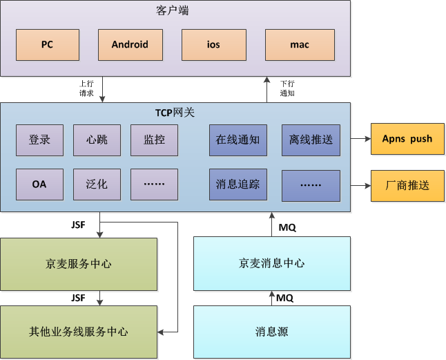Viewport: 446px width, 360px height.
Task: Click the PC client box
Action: coord(47,45)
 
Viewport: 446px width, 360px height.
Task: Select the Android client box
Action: coord(130,45)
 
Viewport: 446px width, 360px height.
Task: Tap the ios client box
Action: coord(213,45)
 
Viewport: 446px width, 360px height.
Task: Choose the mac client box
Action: coord(299,45)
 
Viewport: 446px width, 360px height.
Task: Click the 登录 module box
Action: coord(39,140)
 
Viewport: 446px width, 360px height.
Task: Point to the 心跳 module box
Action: coord(97,140)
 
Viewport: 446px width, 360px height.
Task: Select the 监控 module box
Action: coord(154,140)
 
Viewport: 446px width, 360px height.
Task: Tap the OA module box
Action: coord(39,184)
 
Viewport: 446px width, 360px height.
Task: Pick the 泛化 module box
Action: coord(97,184)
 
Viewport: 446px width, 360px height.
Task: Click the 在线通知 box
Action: coord(237,140)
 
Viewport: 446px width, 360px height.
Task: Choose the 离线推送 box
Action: coord(311,140)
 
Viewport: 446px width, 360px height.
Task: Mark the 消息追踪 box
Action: coord(237,184)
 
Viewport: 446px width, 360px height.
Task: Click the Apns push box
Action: coord(407,139)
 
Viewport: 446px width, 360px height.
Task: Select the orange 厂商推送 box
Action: coord(407,185)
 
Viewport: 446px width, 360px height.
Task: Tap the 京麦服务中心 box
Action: coord(78,264)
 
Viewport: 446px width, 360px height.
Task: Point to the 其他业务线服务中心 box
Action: coord(78,332)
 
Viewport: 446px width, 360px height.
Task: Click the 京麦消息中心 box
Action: coord(271,263)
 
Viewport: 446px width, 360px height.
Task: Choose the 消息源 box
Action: coord(271,332)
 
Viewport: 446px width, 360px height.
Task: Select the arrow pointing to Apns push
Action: coord(360,139)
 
